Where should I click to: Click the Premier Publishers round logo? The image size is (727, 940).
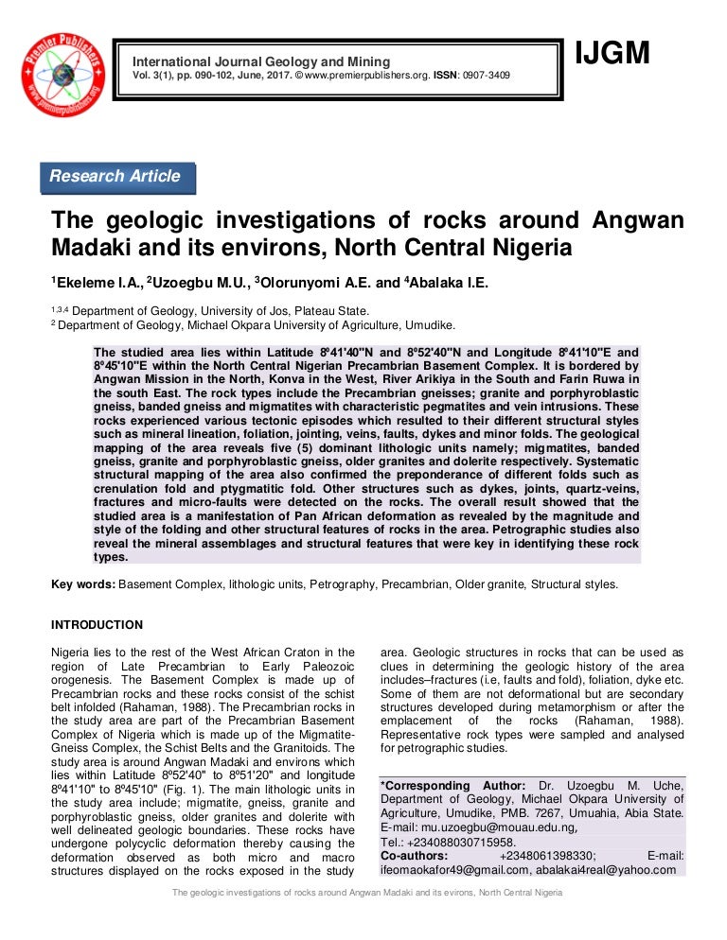[x=63, y=75]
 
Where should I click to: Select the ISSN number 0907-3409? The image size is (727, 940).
[x=486, y=75]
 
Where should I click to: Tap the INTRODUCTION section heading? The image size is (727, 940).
[x=97, y=625]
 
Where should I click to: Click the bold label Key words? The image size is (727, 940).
[x=83, y=584]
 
